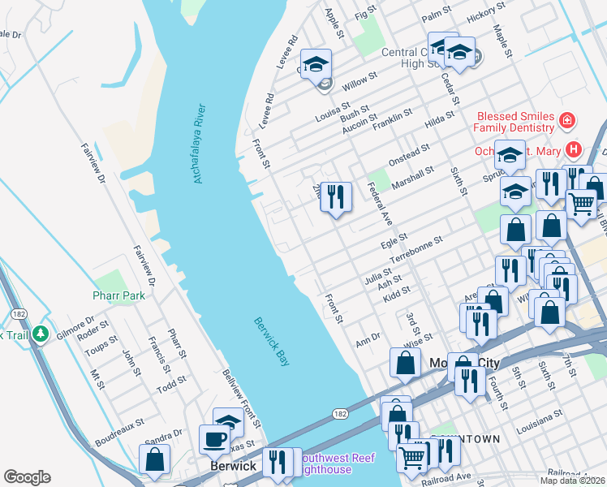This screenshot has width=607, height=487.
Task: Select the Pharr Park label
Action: click(119, 295)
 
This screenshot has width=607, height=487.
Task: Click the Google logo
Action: click(27, 477)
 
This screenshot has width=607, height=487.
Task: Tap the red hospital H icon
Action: click(575, 149)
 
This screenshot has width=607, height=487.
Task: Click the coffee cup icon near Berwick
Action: click(215, 439)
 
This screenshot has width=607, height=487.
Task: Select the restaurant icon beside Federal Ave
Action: click(336, 196)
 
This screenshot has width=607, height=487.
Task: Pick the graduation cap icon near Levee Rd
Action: click(316, 63)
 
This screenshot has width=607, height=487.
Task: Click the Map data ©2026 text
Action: click(572, 481)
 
